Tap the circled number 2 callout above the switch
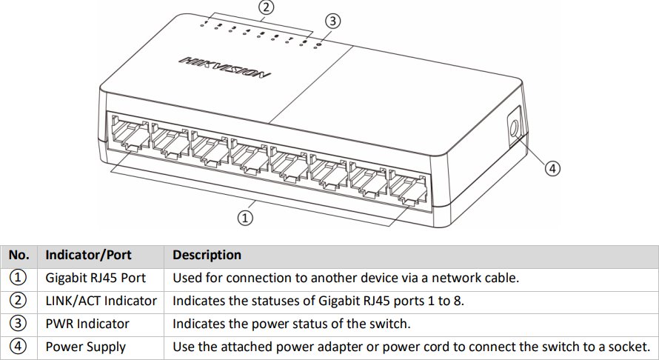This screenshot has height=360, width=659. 267,7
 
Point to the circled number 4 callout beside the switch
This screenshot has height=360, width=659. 552,168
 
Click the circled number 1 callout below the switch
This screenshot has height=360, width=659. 245,217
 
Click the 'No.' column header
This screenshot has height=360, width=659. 19,255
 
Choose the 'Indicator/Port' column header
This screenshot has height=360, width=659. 88,255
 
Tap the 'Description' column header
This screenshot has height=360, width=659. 207,255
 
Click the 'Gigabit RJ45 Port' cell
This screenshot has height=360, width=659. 96,278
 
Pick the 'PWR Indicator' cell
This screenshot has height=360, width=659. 87,324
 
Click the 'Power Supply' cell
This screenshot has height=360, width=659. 85,347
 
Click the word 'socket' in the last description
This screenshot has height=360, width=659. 633,347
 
